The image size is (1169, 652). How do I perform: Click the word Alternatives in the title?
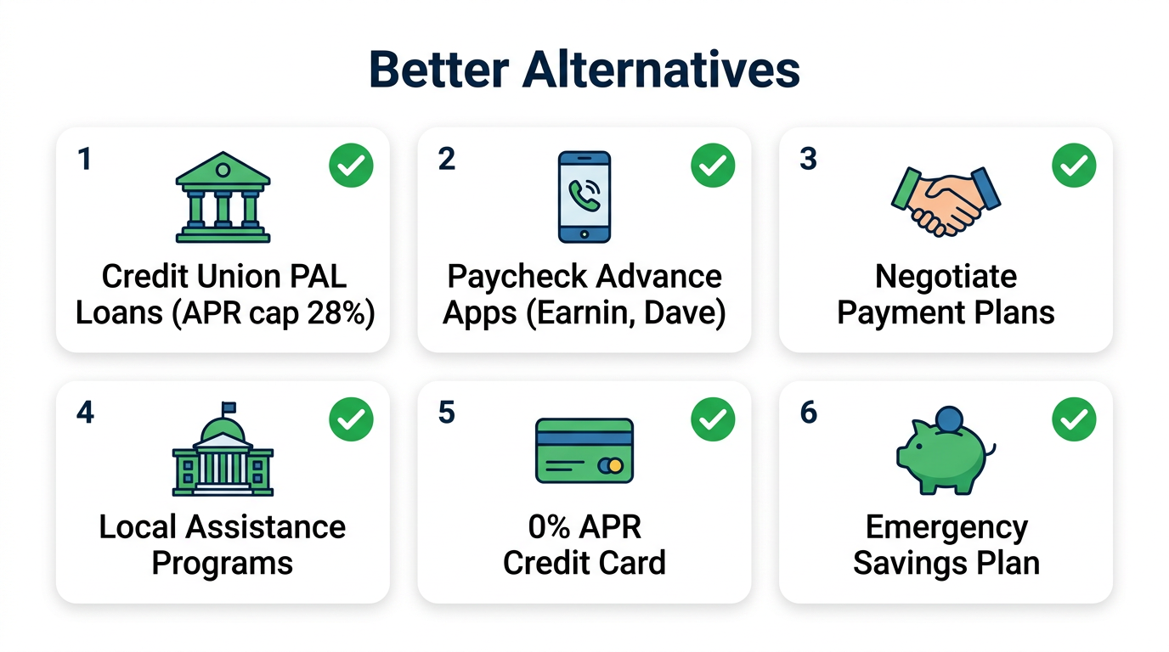pyautogui.click(x=661, y=70)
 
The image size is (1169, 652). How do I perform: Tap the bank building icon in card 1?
pyautogui.click(x=223, y=197)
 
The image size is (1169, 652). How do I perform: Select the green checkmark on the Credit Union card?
pyautogui.click(x=351, y=166)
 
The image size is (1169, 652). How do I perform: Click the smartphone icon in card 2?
pyautogui.click(x=584, y=197)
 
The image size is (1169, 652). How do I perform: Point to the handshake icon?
pyautogui.click(x=946, y=200)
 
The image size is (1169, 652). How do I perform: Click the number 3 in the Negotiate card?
pyautogui.click(x=808, y=159)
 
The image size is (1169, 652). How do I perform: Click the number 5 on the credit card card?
pyautogui.click(x=446, y=413)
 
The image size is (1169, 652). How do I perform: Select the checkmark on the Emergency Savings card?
pyautogui.click(x=1074, y=419)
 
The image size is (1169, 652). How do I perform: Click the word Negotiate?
pyautogui.click(x=946, y=277)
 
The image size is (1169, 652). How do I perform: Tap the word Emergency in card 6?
pyautogui.click(x=946, y=527)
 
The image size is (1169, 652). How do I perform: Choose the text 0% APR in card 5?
pyautogui.click(x=584, y=527)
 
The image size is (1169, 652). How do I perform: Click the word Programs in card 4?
pyautogui.click(x=223, y=564)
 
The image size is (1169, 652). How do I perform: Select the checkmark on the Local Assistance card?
pyautogui.click(x=351, y=419)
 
